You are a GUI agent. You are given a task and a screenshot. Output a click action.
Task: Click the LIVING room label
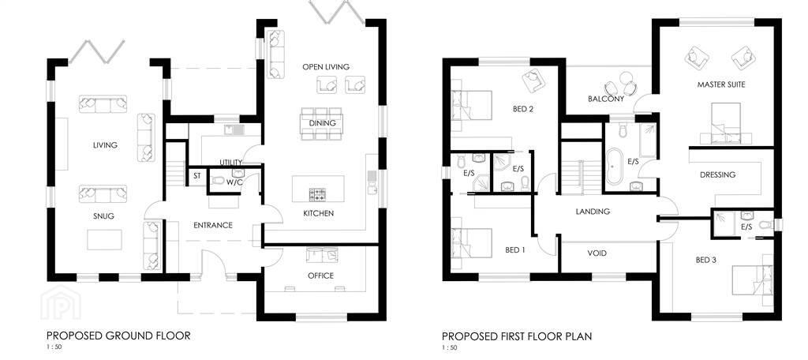[x=105, y=145]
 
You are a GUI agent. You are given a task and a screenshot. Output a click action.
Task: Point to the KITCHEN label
[x=319, y=213]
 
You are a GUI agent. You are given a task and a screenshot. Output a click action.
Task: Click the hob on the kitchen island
[x=317, y=194]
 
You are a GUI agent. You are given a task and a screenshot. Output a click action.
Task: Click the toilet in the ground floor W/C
[x=219, y=181]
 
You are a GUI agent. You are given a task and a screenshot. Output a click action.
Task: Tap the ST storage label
[x=197, y=176]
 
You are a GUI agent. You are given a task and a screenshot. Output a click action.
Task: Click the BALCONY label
[x=606, y=99]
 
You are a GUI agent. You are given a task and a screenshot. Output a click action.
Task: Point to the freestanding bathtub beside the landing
[x=614, y=167]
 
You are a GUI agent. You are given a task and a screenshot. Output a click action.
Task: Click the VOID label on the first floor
[x=597, y=253]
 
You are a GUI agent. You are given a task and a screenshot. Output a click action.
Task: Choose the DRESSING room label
[x=718, y=174]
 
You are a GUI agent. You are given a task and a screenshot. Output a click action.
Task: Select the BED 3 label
[x=705, y=260]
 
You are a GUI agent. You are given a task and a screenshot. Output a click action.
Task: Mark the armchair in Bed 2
[x=532, y=80]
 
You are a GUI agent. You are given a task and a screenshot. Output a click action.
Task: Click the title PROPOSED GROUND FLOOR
[x=118, y=336]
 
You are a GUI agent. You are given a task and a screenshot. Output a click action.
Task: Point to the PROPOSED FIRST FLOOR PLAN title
[x=517, y=337]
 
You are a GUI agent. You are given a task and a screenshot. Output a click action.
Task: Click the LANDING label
[x=593, y=212]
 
